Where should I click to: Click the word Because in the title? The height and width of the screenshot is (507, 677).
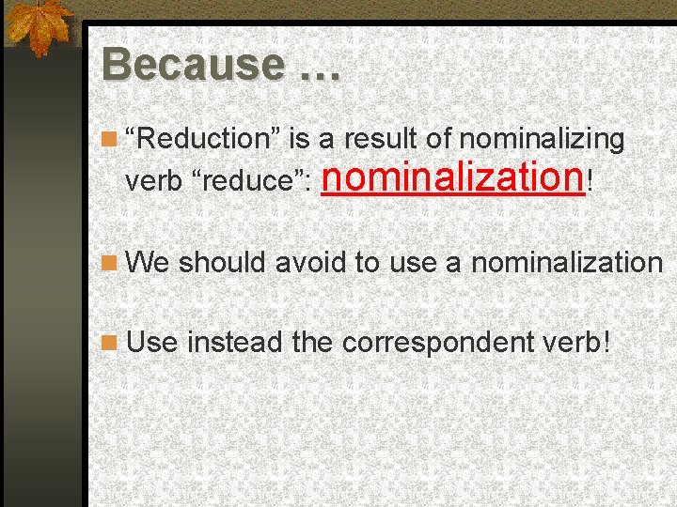(x=193, y=65)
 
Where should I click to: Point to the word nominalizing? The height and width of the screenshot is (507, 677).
(x=542, y=140)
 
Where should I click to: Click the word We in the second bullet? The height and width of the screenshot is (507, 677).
(x=148, y=262)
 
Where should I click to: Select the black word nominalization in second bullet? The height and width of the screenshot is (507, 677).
(x=567, y=262)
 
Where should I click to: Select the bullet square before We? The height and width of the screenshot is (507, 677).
(x=111, y=264)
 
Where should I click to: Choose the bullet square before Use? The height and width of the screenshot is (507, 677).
(x=111, y=344)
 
